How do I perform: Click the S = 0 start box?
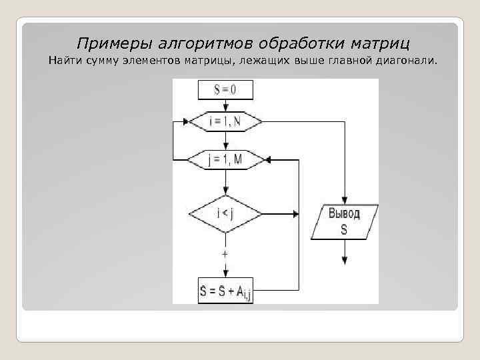[226, 89]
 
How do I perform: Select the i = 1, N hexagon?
[226, 121]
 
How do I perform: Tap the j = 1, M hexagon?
[226, 159]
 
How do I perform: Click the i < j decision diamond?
[226, 214]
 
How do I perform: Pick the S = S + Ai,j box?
[226, 291]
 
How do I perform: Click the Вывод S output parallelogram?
[345, 222]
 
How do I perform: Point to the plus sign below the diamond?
[226, 254]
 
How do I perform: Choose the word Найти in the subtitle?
[64, 62]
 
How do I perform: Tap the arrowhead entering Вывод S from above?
[345, 200]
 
